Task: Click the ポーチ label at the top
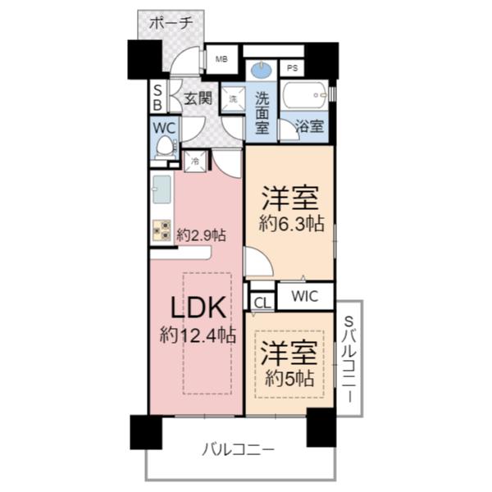[x=171, y=24]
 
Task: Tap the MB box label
[x=221, y=59]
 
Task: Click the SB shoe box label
[x=157, y=98]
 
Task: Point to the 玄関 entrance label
[x=196, y=100]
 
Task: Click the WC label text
[x=164, y=129]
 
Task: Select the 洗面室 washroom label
[x=262, y=111]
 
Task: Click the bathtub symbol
[x=304, y=98]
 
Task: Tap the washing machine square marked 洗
[x=232, y=98]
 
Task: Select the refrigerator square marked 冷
[x=196, y=162]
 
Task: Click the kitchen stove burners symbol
[x=162, y=230]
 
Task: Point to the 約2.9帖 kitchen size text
[x=200, y=235]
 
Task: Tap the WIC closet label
[x=304, y=295]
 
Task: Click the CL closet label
[x=262, y=302]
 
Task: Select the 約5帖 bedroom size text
[x=289, y=379]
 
